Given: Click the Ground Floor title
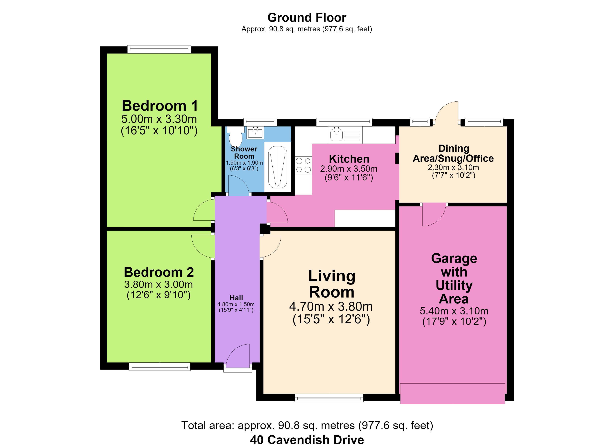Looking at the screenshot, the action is [307, 18].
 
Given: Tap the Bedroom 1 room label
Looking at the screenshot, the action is [159, 106].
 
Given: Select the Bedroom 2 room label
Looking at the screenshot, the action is [159, 272].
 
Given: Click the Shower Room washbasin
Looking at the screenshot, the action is [255, 132].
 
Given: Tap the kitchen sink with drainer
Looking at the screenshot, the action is [345, 135].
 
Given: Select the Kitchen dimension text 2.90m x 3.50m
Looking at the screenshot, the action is [349, 169].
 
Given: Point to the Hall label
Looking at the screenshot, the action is [236, 298].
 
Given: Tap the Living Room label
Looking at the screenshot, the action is [332, 284].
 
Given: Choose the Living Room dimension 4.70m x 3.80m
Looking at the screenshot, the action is [331, 306].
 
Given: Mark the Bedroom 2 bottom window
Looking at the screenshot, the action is [160, 366].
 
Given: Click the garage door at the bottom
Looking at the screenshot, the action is [452, 394].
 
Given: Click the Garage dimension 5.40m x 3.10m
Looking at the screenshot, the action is [454, 311].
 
